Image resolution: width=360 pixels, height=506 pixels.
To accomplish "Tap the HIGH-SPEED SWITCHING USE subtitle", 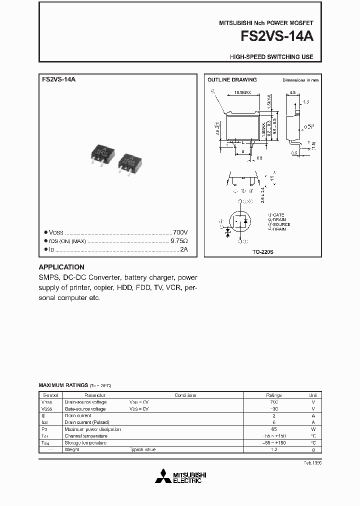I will click(x=271, y=57).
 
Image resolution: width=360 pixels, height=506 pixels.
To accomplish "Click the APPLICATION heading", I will click(x=61, y=267).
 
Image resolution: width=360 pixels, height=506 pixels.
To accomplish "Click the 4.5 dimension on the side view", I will click(x=293, y=92).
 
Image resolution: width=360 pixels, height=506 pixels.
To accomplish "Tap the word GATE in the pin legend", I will click(x=276, y=214).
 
